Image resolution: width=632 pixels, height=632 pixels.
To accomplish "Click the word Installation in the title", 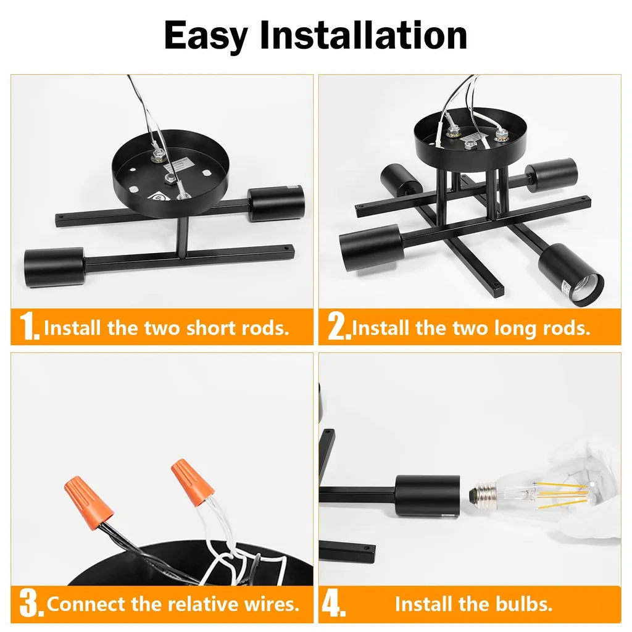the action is pyautogui.click(x=363, y=35).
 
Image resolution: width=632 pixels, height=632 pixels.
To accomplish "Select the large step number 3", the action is pyautogui.click(x=31, y=604).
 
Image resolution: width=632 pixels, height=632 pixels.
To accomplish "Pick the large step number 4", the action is pyautogui.click(x=333, y=604).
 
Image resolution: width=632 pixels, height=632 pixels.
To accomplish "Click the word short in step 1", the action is pyautogui.click(x=211, y=328).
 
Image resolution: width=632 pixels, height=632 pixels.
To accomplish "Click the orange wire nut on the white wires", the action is pyautogui.click(x=192, y=481).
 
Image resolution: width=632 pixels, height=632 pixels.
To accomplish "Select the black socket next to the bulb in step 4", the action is pyautogui.click(x=427, y=496).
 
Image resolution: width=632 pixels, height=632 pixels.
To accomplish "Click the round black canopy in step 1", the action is pyautogui.click(x=171, y=174).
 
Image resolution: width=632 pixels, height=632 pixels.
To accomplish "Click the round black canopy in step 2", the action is pyautogui.click(x=470, y=134).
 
